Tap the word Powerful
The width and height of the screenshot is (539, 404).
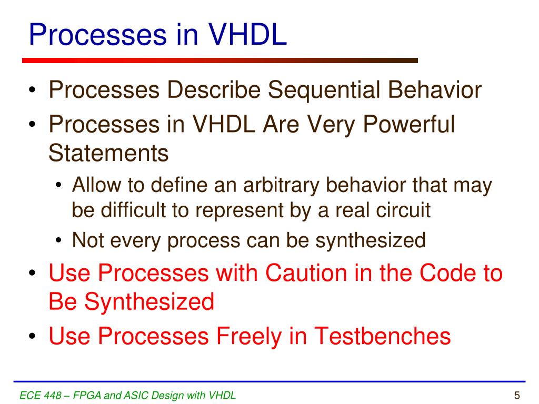[408, 124]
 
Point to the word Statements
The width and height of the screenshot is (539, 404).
[108, 153]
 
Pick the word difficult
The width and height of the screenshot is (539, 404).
[133, 210]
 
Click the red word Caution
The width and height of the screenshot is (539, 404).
[306, 273]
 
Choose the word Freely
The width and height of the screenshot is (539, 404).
[248, 336]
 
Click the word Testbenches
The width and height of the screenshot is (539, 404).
[382, 336]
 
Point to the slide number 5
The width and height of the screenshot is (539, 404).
[517, 396]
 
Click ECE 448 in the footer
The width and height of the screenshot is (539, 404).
[40, 396]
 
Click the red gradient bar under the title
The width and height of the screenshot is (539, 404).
[220, 60]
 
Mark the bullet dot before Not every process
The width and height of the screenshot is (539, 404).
[58, 240]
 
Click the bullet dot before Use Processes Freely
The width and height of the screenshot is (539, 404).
[32, 336]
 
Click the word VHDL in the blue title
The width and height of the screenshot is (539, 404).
[247, 34]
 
